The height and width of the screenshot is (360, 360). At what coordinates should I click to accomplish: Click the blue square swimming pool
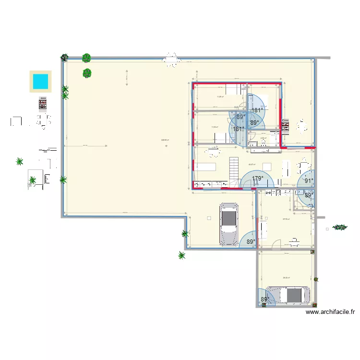pyautogui.click(x=40, y=81)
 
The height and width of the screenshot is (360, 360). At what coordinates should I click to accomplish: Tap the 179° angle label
pyautogui.click(x=258, y=179)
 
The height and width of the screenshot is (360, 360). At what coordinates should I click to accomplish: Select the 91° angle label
pyautogui.click(x=308, y=181)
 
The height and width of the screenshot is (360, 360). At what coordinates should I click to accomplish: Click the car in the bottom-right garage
pyautogui.click(x=288, y=295)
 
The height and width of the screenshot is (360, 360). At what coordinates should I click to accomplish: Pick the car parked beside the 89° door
pyautogui.click(x=228, y=224)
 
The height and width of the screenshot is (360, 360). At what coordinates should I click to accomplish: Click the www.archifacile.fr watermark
pyautogui.click(x=330, y=312)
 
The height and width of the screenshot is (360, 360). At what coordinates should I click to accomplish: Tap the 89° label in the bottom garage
pyautogui.click(x=264, y=300)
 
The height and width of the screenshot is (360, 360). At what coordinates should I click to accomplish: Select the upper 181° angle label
pyautogui.click(x=257, y=110)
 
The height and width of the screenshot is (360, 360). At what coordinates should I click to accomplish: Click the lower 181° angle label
pyautogui.click(x=238, y=129)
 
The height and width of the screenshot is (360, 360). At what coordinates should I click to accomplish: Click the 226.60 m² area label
pyautogui.click(x=165, y=140)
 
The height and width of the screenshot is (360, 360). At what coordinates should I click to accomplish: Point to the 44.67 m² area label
pyautogui.click(x=252, y=164)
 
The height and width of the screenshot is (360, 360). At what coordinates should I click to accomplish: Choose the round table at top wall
pyautogui.click(x=171, y=60)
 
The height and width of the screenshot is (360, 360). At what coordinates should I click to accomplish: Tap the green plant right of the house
pyautogui.click(x=340, y=227)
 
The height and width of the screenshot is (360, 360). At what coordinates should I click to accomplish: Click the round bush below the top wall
pyautogui.click(x=87, y=73)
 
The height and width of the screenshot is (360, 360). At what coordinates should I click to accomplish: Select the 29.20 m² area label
pyautogui.click(x=286, y=277)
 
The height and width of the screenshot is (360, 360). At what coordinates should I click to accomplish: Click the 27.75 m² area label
pyautogui.click(x=286, y=219)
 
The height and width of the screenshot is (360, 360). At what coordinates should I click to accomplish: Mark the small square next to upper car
pyautogui.click(x=209, y=218)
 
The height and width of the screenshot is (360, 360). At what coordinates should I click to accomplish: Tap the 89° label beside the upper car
pyautogui.click(x=251, y=242)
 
